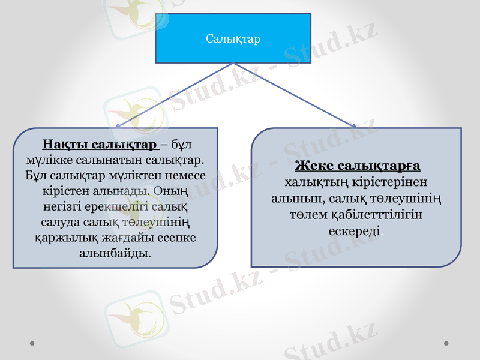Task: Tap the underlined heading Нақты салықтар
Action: (99, 145)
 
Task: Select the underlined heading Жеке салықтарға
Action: (357, 166)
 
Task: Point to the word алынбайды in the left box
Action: (115, 253)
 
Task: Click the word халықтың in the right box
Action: (309, 182)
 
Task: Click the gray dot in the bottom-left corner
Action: (32, 344)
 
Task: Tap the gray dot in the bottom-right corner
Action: (446, 344)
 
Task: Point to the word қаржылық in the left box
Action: (58, 238)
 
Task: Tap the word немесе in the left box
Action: (186, 176)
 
